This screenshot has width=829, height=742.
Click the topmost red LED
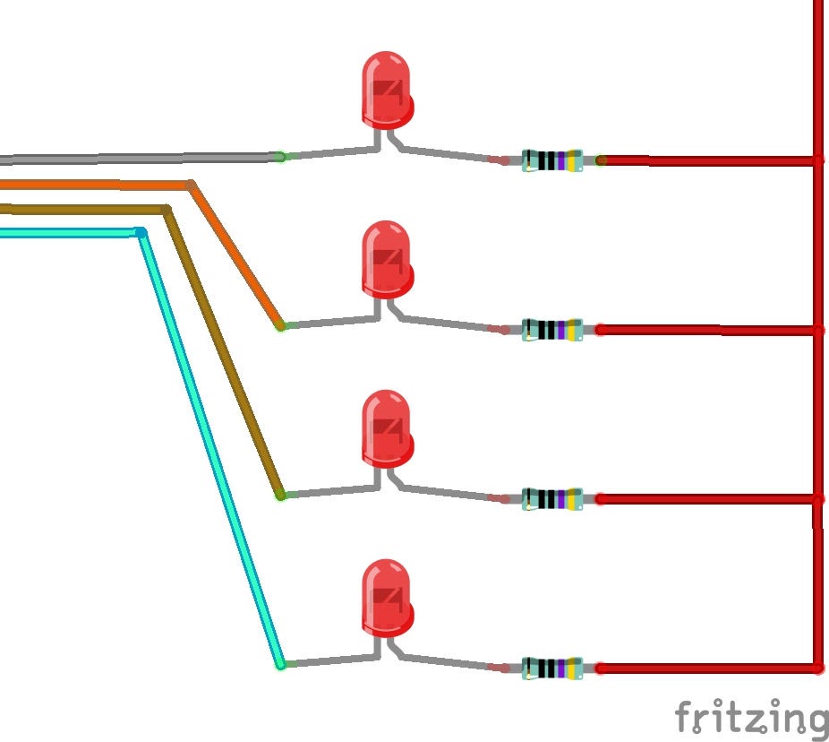click(387, 90)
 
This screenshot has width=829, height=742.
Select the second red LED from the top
click(387, 259)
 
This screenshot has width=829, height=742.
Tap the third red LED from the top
click(387, 428)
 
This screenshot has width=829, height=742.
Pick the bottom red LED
click(387, 598)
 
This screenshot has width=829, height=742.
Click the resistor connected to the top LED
click(552, 160)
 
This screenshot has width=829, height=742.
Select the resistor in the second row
click(552, 330)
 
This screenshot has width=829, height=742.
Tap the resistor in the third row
click(552, 499)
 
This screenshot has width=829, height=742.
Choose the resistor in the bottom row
click(552, 669)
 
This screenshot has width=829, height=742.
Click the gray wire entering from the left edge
click(140, 159)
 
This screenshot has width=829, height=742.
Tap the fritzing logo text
click(752, 716)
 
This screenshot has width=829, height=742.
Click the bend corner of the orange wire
click(192, 185)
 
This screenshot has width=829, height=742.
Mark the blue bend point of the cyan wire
click(141, 232)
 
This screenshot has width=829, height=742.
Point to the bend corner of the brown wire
click(167, 210)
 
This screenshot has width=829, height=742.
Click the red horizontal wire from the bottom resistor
click(708, 669)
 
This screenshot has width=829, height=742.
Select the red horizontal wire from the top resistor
click(708, 160)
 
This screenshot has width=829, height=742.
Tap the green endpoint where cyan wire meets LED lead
click(281, 665)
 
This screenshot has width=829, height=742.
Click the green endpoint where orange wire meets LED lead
click(281, 326)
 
